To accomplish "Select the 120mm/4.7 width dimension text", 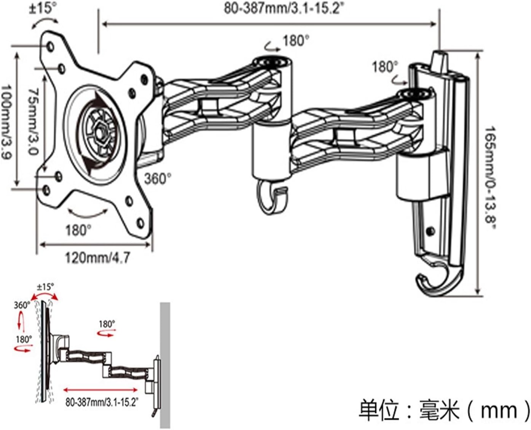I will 97,258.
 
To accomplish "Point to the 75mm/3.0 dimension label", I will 33,121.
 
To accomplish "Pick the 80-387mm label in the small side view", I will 102,402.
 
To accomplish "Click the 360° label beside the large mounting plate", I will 157,178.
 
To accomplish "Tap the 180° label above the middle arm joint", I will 296,40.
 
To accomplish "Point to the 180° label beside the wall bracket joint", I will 384,67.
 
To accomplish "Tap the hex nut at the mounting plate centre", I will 100,133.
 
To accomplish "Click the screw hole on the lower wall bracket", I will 431,231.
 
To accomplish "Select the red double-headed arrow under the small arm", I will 100,390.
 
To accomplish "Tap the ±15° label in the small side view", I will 45,287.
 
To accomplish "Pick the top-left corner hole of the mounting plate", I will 50,46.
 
